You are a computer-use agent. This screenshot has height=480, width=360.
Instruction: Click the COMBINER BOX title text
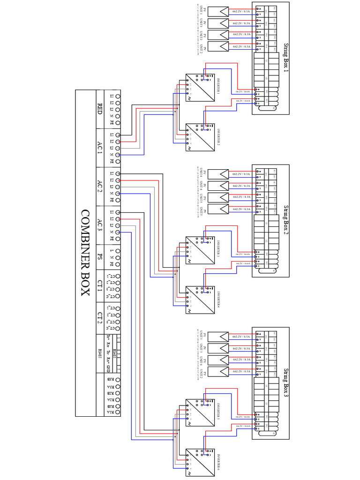[x=85, y=253]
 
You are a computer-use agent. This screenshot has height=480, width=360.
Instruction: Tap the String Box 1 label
[x=286, y=58]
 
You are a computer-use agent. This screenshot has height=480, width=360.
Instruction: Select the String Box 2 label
[x=286, y=220]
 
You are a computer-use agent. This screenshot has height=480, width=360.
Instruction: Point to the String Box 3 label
[x=286, y=382]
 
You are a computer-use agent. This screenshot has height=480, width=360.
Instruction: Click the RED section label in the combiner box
[x=99, y=109]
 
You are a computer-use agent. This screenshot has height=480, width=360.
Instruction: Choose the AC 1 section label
[x=99, y=148]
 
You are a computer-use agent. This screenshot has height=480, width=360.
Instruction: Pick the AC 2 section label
[x=99, y=187]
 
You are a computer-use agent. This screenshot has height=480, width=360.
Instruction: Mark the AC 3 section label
[x=99, y=225]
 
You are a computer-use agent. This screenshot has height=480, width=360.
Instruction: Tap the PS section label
[x=99, y=257]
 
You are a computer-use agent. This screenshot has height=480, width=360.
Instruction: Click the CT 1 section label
[x=99, y=286]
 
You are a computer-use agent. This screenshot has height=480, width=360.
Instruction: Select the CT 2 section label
[x=99, y=318]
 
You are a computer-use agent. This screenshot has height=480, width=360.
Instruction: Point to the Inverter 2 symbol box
[x=200, y=137]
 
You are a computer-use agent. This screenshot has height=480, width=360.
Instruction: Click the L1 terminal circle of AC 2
[x=118, y=174]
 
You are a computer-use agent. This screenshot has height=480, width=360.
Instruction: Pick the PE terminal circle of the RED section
[x=118, y=122]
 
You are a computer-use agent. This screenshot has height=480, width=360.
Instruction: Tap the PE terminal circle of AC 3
[x=118, y=238]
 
